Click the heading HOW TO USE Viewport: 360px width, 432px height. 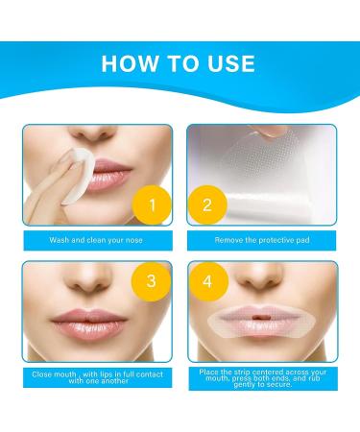[180, 63]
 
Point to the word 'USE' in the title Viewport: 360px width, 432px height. [223, 63]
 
